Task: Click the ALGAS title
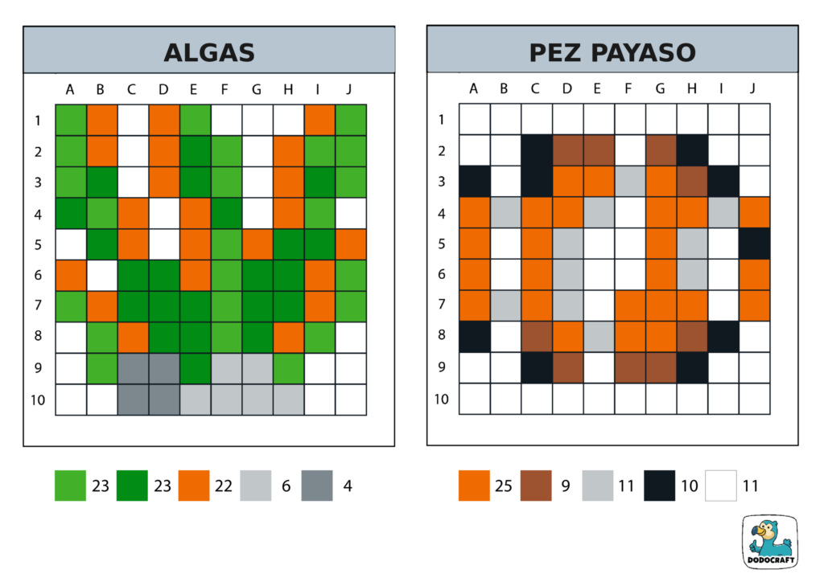(x=209, y=53)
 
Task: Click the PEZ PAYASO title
(x=612, y=53)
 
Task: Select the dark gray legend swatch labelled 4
(x=317, y=486)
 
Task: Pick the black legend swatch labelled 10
(x=659, y=486)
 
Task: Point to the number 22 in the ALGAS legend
(x=224, y=486)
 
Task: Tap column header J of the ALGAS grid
(x=349, y=89)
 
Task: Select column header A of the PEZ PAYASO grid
(x=474, y=89)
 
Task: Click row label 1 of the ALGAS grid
(x=38, y=121)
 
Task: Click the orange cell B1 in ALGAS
(x=101, y=120)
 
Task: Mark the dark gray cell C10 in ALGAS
(x=132, y=400)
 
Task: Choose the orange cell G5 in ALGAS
(x=257, y=244)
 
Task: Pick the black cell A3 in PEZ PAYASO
(x=474, y=182)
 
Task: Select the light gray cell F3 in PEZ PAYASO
(x=630, y=182)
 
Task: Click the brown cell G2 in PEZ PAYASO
(x=661, y=150)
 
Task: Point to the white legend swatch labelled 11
(x=721, y=486)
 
